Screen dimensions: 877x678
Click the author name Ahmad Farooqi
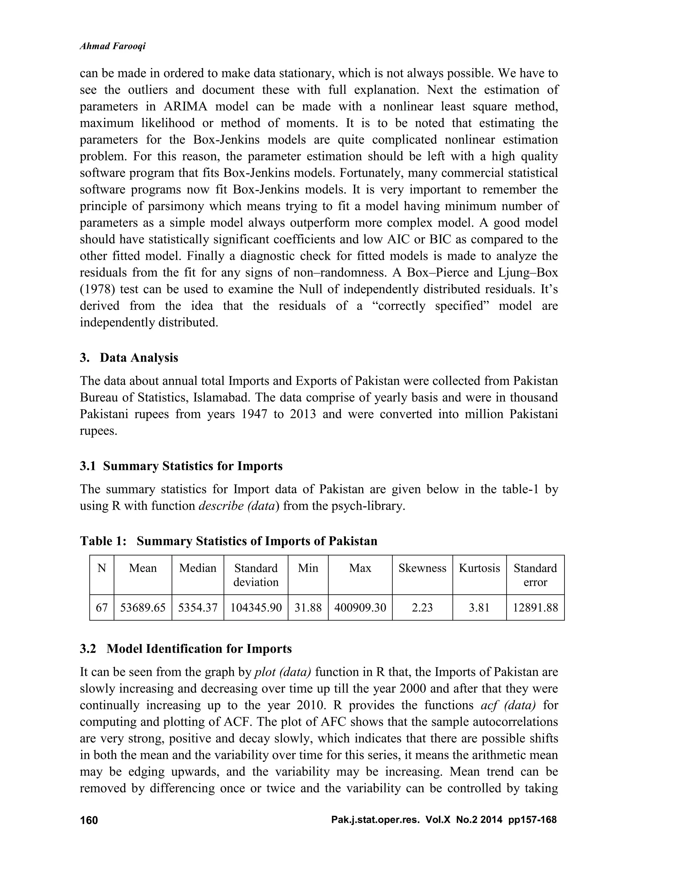(x=113, y=46)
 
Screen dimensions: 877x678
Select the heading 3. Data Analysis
(x=129, y=357)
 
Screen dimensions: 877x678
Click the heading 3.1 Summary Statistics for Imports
(x=181, y=466)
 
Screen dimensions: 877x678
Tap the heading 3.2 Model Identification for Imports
(x=186, y=649)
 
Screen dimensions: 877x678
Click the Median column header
(x=198, y=568)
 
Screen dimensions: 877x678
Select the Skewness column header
(x=422, y=568)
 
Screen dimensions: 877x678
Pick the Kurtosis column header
(x=479, y=568)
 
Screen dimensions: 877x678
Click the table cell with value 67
(x=102, y=608)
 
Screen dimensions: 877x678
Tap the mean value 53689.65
(x=143, y=608)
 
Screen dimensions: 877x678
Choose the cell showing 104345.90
(x=256, y=608)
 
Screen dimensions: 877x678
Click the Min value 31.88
(x=308, y=608)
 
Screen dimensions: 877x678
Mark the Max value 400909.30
(x=360, y=608)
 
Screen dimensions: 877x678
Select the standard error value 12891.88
(x=535, y=608)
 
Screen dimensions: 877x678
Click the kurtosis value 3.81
(x=479, y=608)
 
